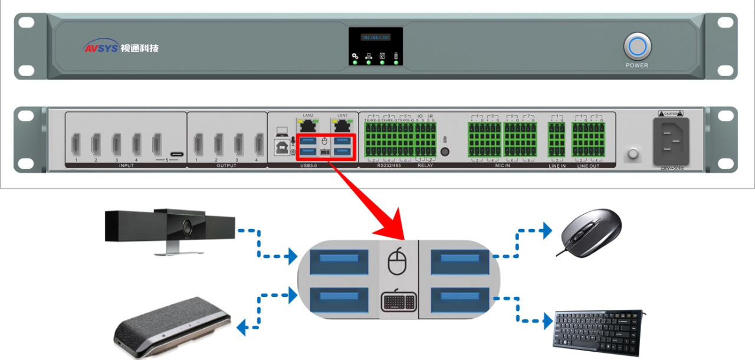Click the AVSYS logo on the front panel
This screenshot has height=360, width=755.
[120, 48]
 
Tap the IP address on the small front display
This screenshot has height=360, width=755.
[376, 37]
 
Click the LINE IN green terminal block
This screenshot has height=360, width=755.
[557, 139]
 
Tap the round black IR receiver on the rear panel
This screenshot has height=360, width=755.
[445, 152]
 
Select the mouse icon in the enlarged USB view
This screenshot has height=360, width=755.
[398, 261]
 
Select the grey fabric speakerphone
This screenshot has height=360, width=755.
[170, 327]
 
